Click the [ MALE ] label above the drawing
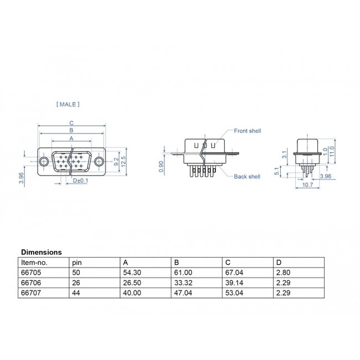pyautogui.click(x=68, y=104)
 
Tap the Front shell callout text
pyautogui.click(x=247, y=131)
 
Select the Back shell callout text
pyautogui.click(x=247, y=177)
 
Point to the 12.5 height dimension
pyautogui.click(x=124, y=161)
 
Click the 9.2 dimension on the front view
pyautogui.click(x=115, y=161)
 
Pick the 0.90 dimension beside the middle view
pyautogui.click(x=161, y=167)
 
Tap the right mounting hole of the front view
pyautogui.click(x=99, y=161)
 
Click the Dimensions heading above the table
pyautogui.click(x=42, y=252)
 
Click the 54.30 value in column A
pyautogui.click(x=131, y=272)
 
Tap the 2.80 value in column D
pyautogui.click(x=283, y=272)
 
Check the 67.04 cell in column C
pyautogui.click(x=234, y=272)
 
